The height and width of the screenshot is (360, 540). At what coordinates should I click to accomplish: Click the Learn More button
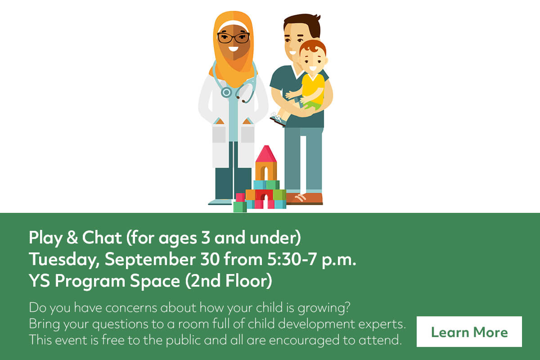pos(469,332)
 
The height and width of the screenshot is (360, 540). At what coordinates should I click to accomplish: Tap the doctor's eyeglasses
pos(234,38)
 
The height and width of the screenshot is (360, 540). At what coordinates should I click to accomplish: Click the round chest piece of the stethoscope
pos(226,92)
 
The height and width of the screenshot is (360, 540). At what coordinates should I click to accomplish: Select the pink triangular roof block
pos(266,154)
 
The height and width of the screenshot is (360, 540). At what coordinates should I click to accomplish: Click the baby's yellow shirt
pos(313,89)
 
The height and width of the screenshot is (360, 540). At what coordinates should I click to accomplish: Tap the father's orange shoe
pos(304,199)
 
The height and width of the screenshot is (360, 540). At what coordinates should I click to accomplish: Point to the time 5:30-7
pos(292,260)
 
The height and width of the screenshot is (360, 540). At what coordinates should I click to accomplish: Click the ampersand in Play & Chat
pos(72,237)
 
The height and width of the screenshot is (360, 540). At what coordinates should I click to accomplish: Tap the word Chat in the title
pos(102,237)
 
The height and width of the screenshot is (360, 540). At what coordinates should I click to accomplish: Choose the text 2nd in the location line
pos(205,281)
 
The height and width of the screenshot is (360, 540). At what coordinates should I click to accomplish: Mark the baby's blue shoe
pos(278,120)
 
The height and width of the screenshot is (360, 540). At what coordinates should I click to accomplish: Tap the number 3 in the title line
pos(205,238)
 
